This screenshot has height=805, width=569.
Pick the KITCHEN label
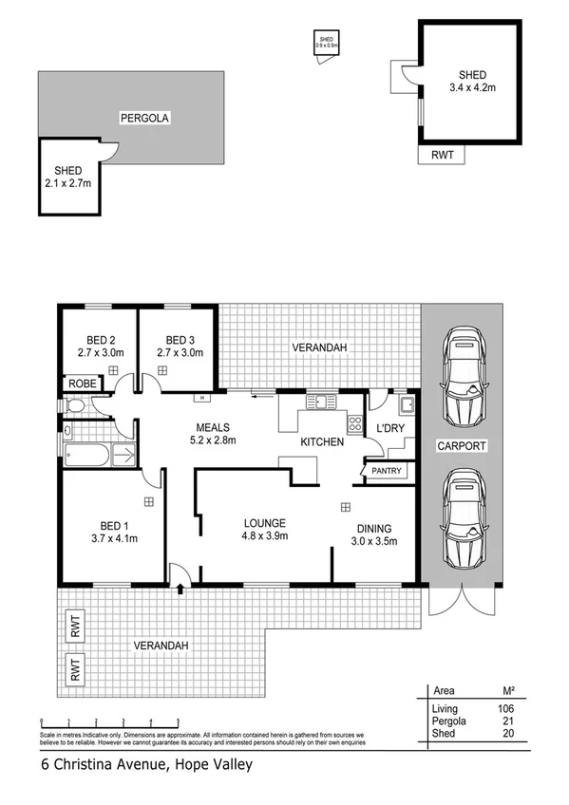pos(322,441)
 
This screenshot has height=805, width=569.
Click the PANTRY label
pos(388,471)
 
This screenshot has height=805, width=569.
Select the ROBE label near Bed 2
pos(80,384)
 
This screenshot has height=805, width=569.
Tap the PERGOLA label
pos(143,119)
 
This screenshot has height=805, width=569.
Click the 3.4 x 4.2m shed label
pos(472,82)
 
